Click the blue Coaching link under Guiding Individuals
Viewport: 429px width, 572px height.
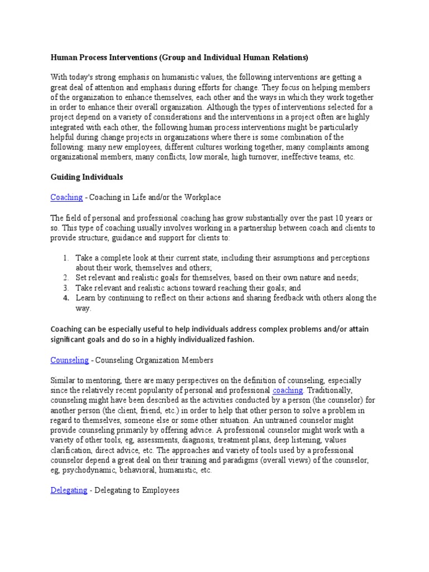[x=66, y=197]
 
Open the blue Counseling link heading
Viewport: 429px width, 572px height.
[x=69, y=360]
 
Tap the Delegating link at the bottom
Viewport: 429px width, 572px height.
[x=69, y=490]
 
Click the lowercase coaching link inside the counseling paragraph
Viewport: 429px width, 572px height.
[x=288, y=390]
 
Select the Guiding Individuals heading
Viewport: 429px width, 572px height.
[x=87, y=177]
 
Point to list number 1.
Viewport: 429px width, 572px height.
[x=65, y=258]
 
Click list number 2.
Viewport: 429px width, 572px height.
[x=65, y=278]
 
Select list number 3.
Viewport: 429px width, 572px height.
[x=65, y=288]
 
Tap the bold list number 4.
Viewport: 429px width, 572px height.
[x=65, y=298]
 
